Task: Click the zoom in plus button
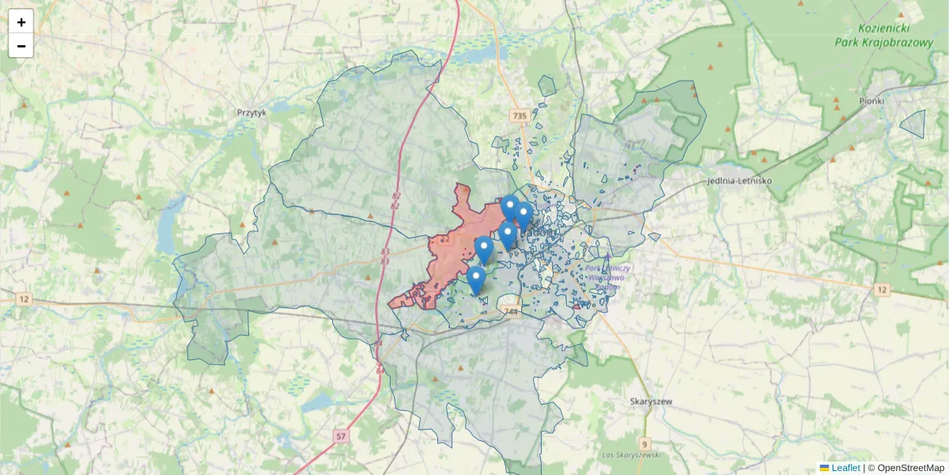point(21,22)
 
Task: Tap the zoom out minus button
point(21,46)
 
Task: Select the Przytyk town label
point(252,113)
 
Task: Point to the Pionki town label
point(871,101)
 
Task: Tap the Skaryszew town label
point(651,401)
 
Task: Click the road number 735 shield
point(519,116)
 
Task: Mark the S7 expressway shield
point(341,435)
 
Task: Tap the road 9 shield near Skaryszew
point(645,443)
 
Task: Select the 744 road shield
point(510,311)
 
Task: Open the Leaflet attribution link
point(845,468)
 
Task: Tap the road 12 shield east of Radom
point(882,290)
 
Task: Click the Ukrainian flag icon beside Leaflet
point(824,468)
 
